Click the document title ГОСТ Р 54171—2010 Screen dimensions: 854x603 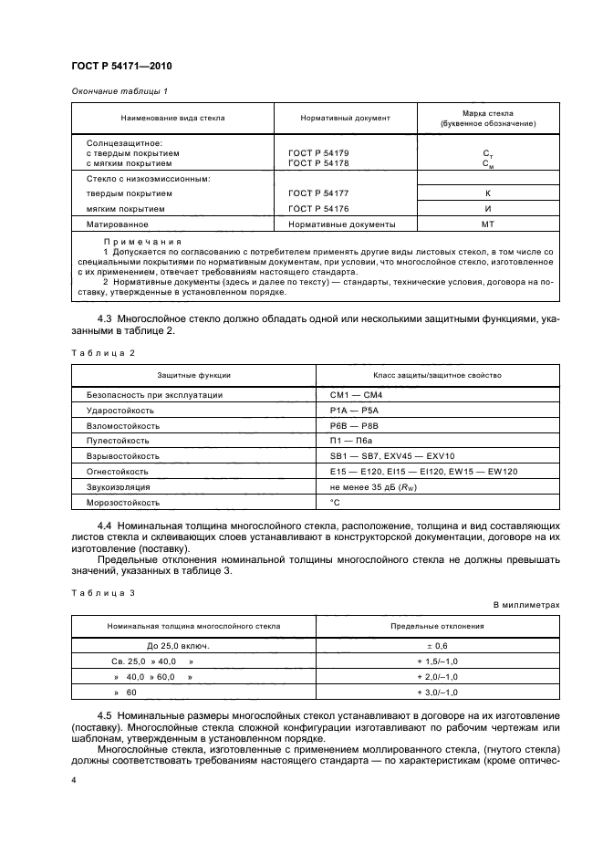click(x=120, y=67)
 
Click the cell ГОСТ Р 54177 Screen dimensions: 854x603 click(x=317, y=193)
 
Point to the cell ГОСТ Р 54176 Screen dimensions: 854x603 click(x=317, y=208)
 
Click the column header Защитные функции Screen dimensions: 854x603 click(x=193, y=375)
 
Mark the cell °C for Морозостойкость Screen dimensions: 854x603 click(x=334, y=503)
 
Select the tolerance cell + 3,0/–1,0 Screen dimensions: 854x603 click(x=424, y=693)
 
